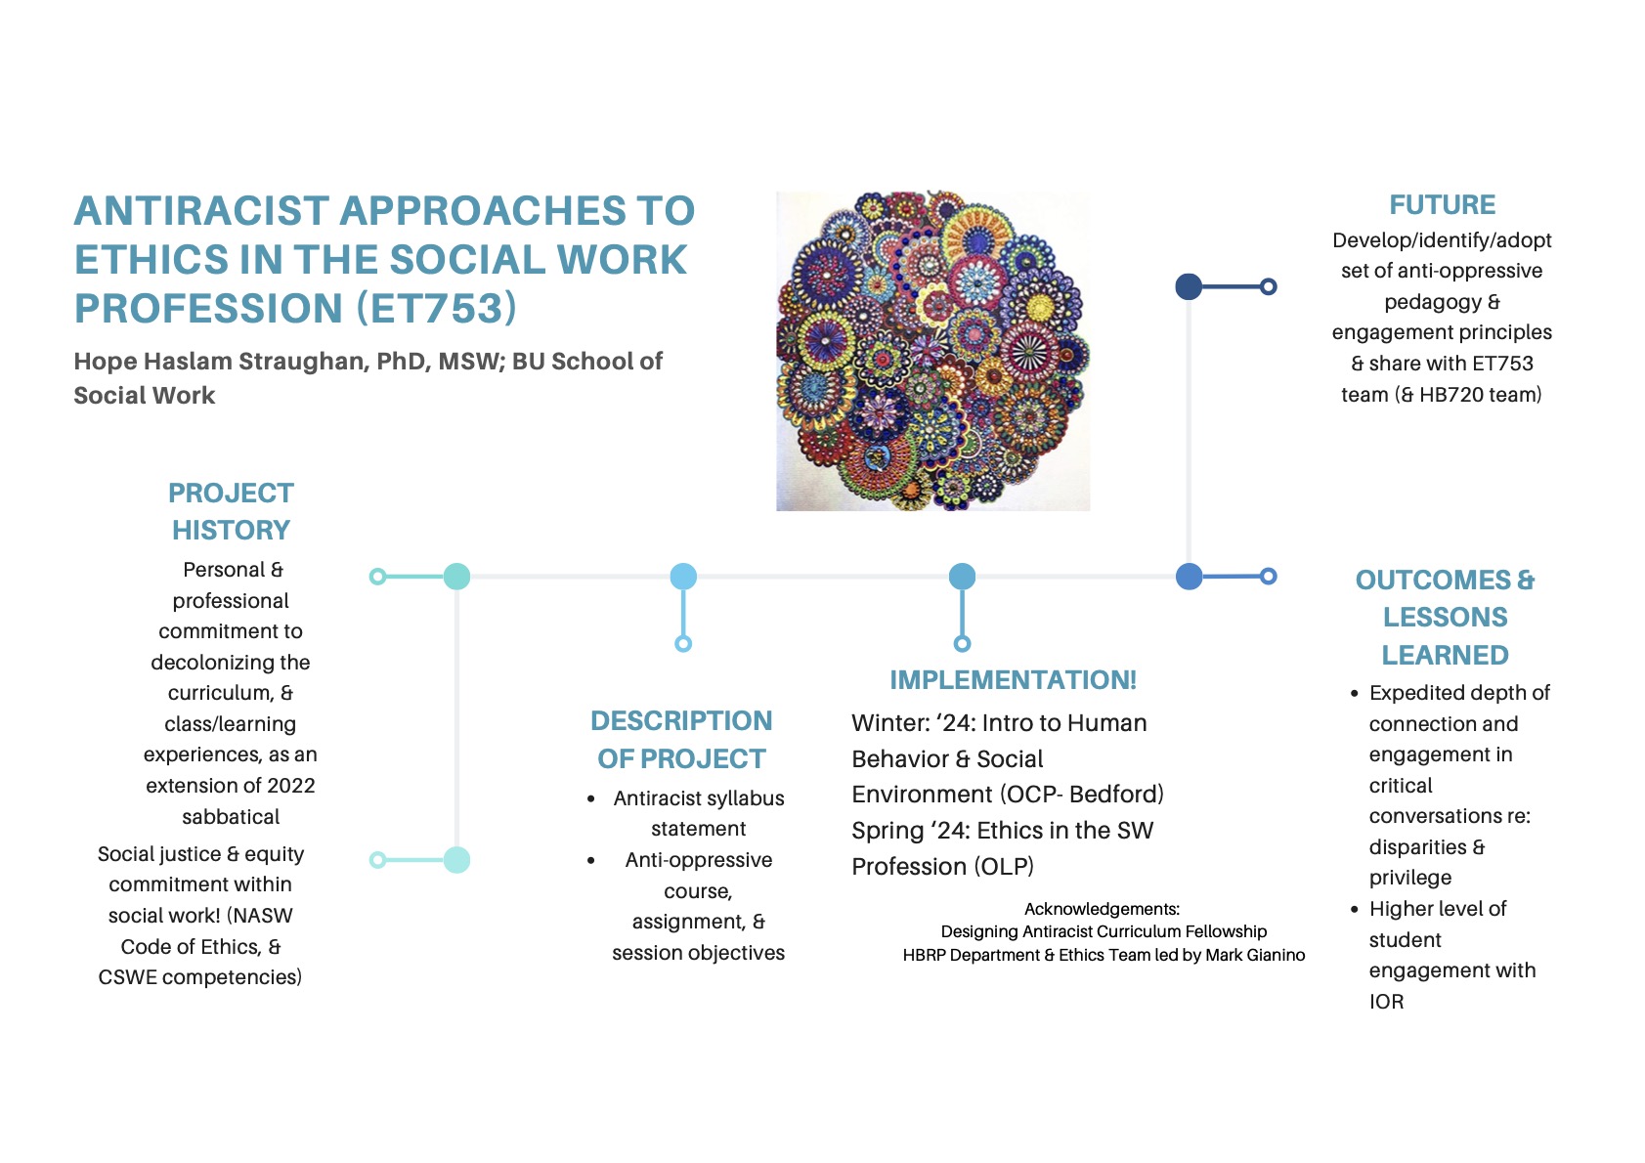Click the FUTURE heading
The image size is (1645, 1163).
pyautogui.click(x=1442, y=205)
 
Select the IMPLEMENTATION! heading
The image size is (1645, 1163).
pyautogui.click(x=1013, y=680)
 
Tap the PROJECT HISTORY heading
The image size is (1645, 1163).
pyautogui.click(x=231, y=511)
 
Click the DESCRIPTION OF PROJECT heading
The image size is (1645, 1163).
pyautogui.click(x=681, y=740)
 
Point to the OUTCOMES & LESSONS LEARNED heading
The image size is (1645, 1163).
pyautogui.click(x=1445, y=617)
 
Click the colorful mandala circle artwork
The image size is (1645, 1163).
pyautogui.click(x=932, y=350)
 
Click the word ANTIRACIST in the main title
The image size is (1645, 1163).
pyautogui.click(x=201, y=211)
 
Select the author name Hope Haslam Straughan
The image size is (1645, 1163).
pyautogui.click(x=220, y=362)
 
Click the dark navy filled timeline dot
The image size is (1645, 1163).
pyautogui.click(x=1189, y=286)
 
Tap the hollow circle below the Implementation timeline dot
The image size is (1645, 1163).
pyautogui.click(x=962, y=643)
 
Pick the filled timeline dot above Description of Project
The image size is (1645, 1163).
pyautogui.click(x=683, y=577)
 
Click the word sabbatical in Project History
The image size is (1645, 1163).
pyautogui.click(x=231, y=817)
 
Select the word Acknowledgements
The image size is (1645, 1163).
pyautogui.click(x=1102, y=909)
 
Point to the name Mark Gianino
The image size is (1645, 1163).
pyautogui.click(x=1255, y=955)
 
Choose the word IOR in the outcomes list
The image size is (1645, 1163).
pyautogui.click(x=1386, y=1002)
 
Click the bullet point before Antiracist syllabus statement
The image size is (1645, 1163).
pyautogui.click(x=591, y=799)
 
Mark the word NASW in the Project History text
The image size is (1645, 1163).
pyautogui.click(x=262, y=916)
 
